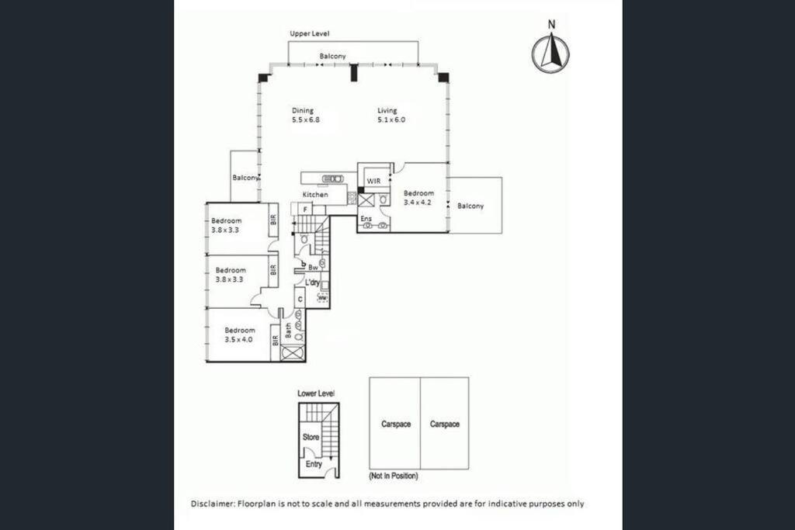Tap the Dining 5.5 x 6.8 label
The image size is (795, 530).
[305, 115]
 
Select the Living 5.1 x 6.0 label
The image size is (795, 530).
[391, 115]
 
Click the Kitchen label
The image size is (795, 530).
[315, 195]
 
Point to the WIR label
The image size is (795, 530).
[373, 181]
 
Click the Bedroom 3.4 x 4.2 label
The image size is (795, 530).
[418, 197]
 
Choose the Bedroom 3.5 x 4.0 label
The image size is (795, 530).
[239, 335]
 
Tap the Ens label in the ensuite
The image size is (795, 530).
[366, 218]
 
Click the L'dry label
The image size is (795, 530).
[312, 282]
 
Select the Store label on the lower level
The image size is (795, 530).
[311, 437]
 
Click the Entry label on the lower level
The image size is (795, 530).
[314, 463]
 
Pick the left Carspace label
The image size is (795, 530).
[396, 424]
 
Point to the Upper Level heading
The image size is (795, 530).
[309, 33]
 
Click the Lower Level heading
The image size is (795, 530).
[316, 393]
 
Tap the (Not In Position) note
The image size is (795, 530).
[394, 476]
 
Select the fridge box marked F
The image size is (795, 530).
[305, 209]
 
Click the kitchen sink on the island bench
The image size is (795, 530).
[332, 178]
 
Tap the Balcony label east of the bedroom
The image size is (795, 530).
[470, 206]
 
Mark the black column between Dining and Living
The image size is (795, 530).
[355, 72]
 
